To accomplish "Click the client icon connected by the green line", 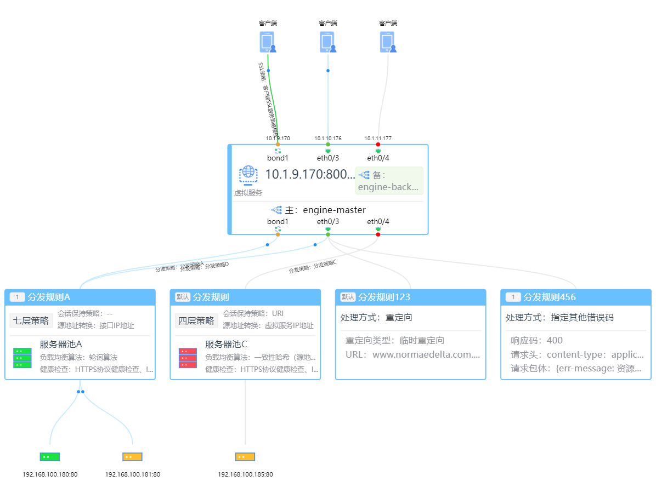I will (x=268, y=42).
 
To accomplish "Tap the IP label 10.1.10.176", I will (x=328, y=139).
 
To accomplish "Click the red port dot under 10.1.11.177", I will (x=378, y=145).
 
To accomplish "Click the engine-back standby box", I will (x=389, y=181).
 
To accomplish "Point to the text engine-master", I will (x=334, y=210).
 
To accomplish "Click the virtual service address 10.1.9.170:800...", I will (x=310, y=175).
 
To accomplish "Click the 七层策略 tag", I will (x=31, y=320).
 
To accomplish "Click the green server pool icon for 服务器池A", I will (x=22, y=358).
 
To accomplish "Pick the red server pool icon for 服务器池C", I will (x=188, y=358).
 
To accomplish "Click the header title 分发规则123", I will (x=384, y=297).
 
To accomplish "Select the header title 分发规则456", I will (x=550, y=297).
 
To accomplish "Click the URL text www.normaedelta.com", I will (x=426, y=354).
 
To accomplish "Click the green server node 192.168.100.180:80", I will (x=49, y=457).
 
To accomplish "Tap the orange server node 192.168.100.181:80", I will (x=132, y=457).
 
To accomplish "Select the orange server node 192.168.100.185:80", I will (x=245, y=457).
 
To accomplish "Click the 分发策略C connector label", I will (x=313, y=267).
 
